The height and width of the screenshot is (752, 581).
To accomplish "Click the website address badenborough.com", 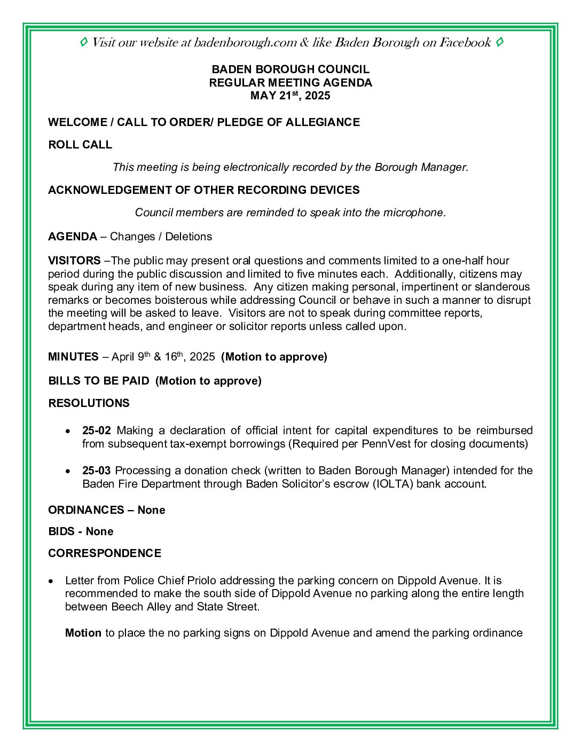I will coord(245,43).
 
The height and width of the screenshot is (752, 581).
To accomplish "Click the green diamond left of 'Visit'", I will coord(84,42).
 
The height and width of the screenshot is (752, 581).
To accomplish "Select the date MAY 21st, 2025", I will coord(290,96).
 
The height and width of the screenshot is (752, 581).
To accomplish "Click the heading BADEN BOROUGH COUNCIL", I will coord(290,69).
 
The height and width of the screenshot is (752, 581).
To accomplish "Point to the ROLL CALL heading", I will coord(80,145).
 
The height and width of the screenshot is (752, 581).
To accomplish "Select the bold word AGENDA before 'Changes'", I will coord(73,237).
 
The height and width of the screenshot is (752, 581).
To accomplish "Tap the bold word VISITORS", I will coord(74,261).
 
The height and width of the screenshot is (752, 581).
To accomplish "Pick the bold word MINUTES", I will coord(73,357).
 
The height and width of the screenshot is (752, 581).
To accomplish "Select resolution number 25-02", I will coord(97,430).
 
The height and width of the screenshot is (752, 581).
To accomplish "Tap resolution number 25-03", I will coord(97,471).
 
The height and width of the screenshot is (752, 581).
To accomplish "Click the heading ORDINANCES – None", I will coord(106,510).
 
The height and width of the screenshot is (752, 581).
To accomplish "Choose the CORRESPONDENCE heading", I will coord(105,553).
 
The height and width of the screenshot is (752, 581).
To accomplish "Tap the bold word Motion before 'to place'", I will coord(83,633).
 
